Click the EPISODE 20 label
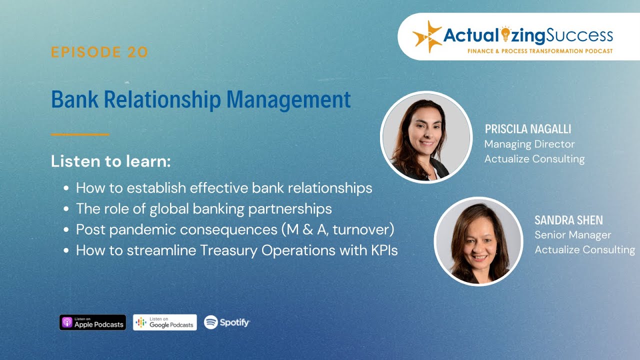pyautogui.click(x=99, y=52)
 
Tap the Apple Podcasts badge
pyautogui.click(x=92, y=322)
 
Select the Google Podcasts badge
pyautogui.click(x=165, y=322)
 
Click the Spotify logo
pyautogui.click(x=227, y=322)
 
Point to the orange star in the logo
pyautogui.click(x=426, y=36)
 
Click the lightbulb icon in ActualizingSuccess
pyautogui.click(x=505, y=34)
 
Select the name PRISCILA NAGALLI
pyautogui.click(x=527, y=129)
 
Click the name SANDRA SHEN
pyautogui.click(x=568, y=220)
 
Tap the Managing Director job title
pyautogui.click(x=529, y=144)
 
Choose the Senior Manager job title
pyautogui.click(x=572, y=235)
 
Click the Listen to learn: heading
pyautogui.click(x=111, y=161)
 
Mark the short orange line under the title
pyautogui.click(x=80, y=134)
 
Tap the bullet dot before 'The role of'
pyautogui.click(x=66, y=209)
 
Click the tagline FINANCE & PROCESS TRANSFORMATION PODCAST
pyautogui.click(x=540, y=51)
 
